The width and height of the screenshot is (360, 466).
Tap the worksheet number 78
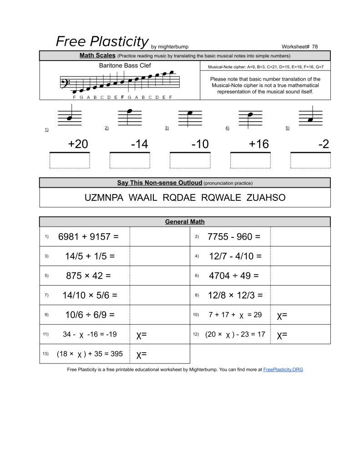tap(315, 46)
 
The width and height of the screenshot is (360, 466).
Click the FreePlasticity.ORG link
tap(283, 369)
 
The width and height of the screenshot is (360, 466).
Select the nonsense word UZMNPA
tap(104, 198)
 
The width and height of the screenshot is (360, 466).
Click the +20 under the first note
tap(78, 144)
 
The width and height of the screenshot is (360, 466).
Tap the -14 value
tap(139, 144)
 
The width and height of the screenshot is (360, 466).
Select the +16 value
tap(259, 144)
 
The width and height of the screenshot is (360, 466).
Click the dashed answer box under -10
tap(190, 160)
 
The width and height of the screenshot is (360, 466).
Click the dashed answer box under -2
tap(310, 160)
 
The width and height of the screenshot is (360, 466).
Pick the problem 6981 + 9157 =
tap(88, 236)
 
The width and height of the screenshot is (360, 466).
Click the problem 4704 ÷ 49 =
tap(233, 276)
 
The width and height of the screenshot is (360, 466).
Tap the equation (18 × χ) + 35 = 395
tap(90, 353)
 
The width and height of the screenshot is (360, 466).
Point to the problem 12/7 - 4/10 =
tap(235, 256)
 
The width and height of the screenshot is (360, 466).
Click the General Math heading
tap(185, 222)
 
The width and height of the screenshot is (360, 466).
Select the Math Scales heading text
tap(97, 56)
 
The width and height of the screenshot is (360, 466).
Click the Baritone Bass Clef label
tap(125, 66)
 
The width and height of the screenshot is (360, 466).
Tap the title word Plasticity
tap(120, 41)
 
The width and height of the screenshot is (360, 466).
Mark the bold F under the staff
tap(122, 97)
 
